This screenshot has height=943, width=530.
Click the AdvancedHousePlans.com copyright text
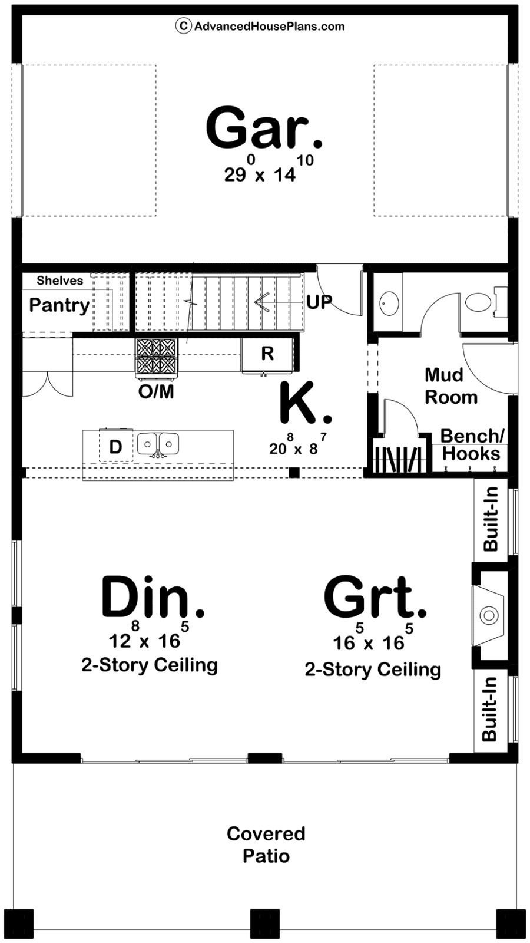(x=260, y=26)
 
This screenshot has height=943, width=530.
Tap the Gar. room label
(x=264, y=128)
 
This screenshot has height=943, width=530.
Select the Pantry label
(x=59, y=305)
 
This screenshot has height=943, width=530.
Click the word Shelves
(x=59, y=281)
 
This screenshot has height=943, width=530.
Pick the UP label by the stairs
(x=319, y=302)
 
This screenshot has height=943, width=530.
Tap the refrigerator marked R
(x=267, y=354)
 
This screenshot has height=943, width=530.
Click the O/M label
(x=156, y=391)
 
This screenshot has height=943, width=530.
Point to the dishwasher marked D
(x=115, y=447)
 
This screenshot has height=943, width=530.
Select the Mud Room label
(x=450, y=386)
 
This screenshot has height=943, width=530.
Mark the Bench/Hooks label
(x=472, y=445)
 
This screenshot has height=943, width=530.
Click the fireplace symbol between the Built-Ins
(x=488, y=615)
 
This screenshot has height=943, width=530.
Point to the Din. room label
(x=153, y=598)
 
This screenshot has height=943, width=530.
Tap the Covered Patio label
(x=266, y=845)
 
